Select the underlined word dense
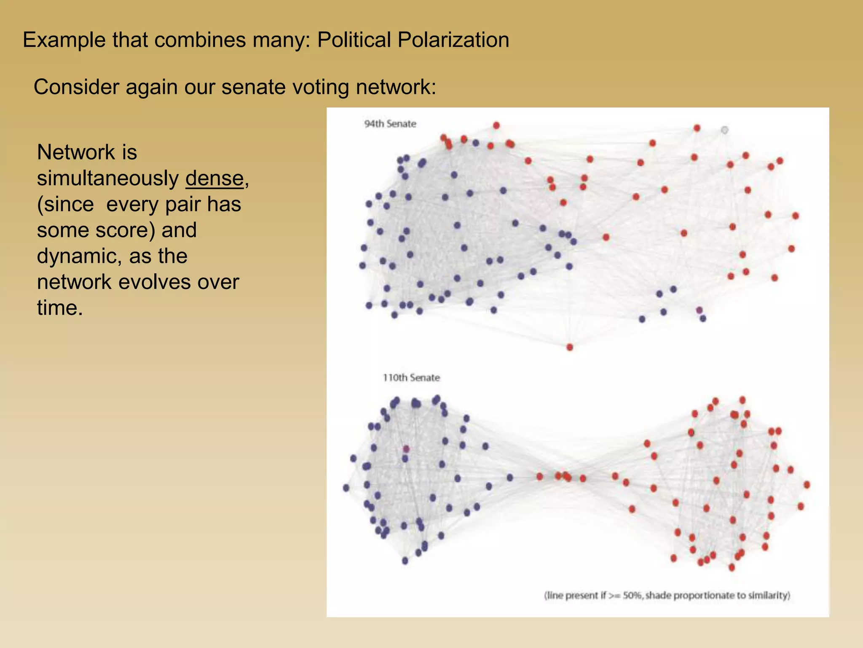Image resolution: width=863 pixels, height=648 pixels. pyautogui.click(x=214, y=178)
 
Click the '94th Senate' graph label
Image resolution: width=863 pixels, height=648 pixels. pyautogui.click(x=390, y=124)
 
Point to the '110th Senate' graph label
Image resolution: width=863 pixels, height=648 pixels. pyautogui.click(x=411, y=378)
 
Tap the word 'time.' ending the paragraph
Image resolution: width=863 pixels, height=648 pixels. pyautogui.click(x=59, y=308)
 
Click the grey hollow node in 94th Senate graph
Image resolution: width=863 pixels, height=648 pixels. pyautogui.click(x=724, y=130)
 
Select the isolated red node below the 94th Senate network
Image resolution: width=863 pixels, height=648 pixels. pyautogui.click(x=570, y=347)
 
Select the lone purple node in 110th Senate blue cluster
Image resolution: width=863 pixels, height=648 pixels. pyautogui.click(x=406, y=448)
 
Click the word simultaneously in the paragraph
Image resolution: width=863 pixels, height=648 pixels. pyautogui.click(x=107, y=178)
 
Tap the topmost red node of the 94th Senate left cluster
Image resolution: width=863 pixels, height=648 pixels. pyautogui.click(x=496, y=125)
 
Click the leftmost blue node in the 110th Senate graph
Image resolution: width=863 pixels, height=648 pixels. pyautogui.click(x=346, y=488)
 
